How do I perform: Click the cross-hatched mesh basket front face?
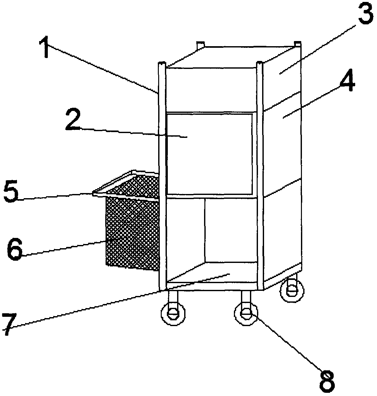tap(132, 232)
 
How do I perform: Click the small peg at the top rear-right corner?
tap(297, 43)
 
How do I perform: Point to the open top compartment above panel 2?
tap(210, 90)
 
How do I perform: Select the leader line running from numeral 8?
tap(286, 343)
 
